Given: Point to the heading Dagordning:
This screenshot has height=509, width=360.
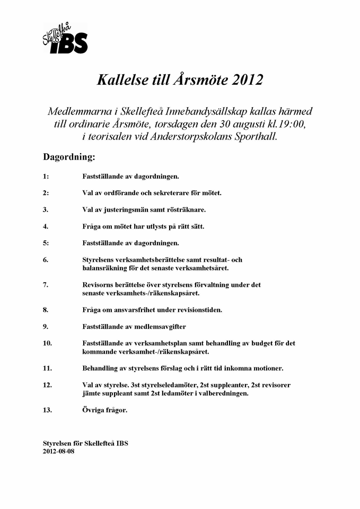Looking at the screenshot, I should (x=69, y=157).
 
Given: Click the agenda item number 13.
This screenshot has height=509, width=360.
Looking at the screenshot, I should (x=47, y=410).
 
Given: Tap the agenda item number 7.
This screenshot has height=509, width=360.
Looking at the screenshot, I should (x=46, y=285).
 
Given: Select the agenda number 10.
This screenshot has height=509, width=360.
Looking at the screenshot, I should (x=47, y=343).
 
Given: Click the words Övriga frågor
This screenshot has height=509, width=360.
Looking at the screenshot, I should (x=105, y=410).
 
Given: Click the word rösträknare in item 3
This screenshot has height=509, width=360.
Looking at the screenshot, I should (x=186, y=209).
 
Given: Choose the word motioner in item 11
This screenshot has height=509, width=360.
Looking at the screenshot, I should (x=269, y=368).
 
